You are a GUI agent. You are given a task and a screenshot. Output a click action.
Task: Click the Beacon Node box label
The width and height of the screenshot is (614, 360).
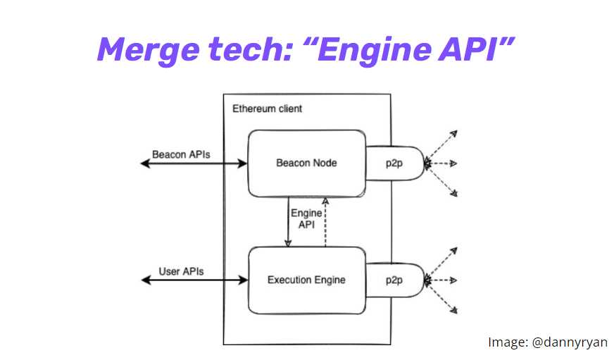point(306,163)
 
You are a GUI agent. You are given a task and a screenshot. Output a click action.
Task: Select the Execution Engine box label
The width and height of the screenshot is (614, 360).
point(306,280)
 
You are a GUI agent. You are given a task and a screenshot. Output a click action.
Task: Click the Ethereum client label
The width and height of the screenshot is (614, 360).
point(267,108)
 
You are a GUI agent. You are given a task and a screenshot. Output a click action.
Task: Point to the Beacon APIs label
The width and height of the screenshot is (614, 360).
point(181,154)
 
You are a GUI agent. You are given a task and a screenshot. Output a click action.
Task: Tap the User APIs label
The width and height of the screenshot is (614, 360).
point(182,271)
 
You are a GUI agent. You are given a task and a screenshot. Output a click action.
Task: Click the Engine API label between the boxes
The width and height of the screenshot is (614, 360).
point(306,218)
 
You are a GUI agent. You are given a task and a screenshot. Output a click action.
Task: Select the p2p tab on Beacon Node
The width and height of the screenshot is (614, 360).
point(394,163)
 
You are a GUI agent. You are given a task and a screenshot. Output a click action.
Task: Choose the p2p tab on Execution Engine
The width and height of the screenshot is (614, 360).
point(394,280)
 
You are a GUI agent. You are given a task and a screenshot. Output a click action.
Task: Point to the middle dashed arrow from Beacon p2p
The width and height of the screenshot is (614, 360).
point(442,163)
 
